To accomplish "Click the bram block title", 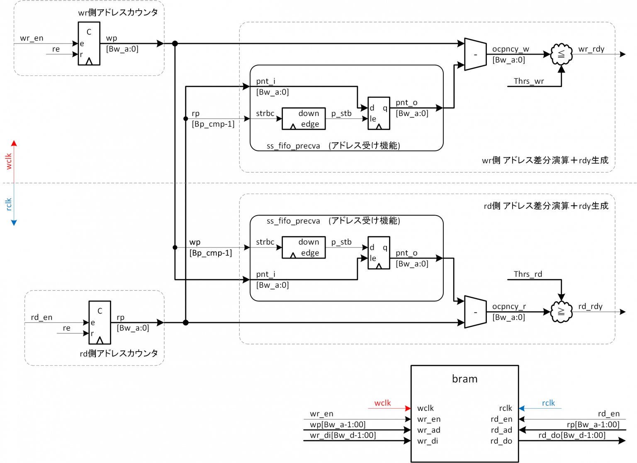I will coord(464,379).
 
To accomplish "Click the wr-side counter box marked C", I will coord(89,44).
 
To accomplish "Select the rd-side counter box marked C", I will coord(100,322).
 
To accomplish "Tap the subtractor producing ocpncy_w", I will coord(475,54).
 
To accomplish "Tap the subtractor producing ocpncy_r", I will coord(475,312).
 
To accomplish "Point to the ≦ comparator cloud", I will coord(561,54).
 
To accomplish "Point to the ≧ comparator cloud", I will coord(561,312).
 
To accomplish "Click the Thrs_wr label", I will coord(529,81).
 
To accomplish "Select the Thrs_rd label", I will coord(528,274).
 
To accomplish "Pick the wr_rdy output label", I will coord(591,49).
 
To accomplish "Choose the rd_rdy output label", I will coord(590,306).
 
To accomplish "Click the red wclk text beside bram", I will coord(382,403).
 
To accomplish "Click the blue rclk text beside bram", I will coord(548,403).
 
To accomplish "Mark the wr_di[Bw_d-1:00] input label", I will coord(343,435).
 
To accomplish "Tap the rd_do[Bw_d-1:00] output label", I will coord(572,435).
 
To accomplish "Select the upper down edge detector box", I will coord(304,119).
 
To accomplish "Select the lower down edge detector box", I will coord(304,247).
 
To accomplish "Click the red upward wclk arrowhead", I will coord(14,143).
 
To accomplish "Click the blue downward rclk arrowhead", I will coord(14,223).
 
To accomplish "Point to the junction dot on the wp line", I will coord(175,44).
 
